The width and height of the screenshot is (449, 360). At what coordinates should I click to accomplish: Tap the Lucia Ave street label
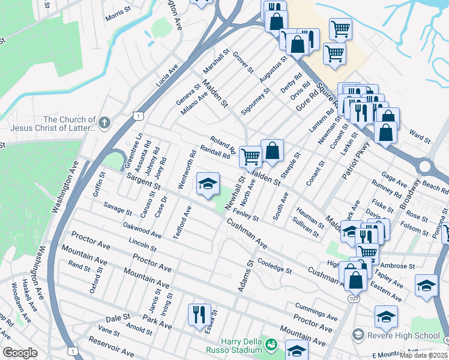click(167, 76)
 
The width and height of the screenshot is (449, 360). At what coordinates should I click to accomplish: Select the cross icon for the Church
click(104, 124)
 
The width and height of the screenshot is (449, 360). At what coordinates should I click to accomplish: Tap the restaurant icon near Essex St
click(199, 314)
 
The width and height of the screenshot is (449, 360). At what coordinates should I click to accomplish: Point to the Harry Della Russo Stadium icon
click(271, 345)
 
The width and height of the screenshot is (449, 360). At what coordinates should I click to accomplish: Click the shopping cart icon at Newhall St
click(250, 157)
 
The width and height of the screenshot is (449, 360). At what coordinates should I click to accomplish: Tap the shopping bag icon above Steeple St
click(272, 150)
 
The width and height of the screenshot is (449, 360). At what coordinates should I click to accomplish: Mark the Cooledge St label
click(274, 266)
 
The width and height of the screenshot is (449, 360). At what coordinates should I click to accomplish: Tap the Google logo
click(20, 353)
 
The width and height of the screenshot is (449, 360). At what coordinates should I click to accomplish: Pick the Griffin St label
click(101, 182)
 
